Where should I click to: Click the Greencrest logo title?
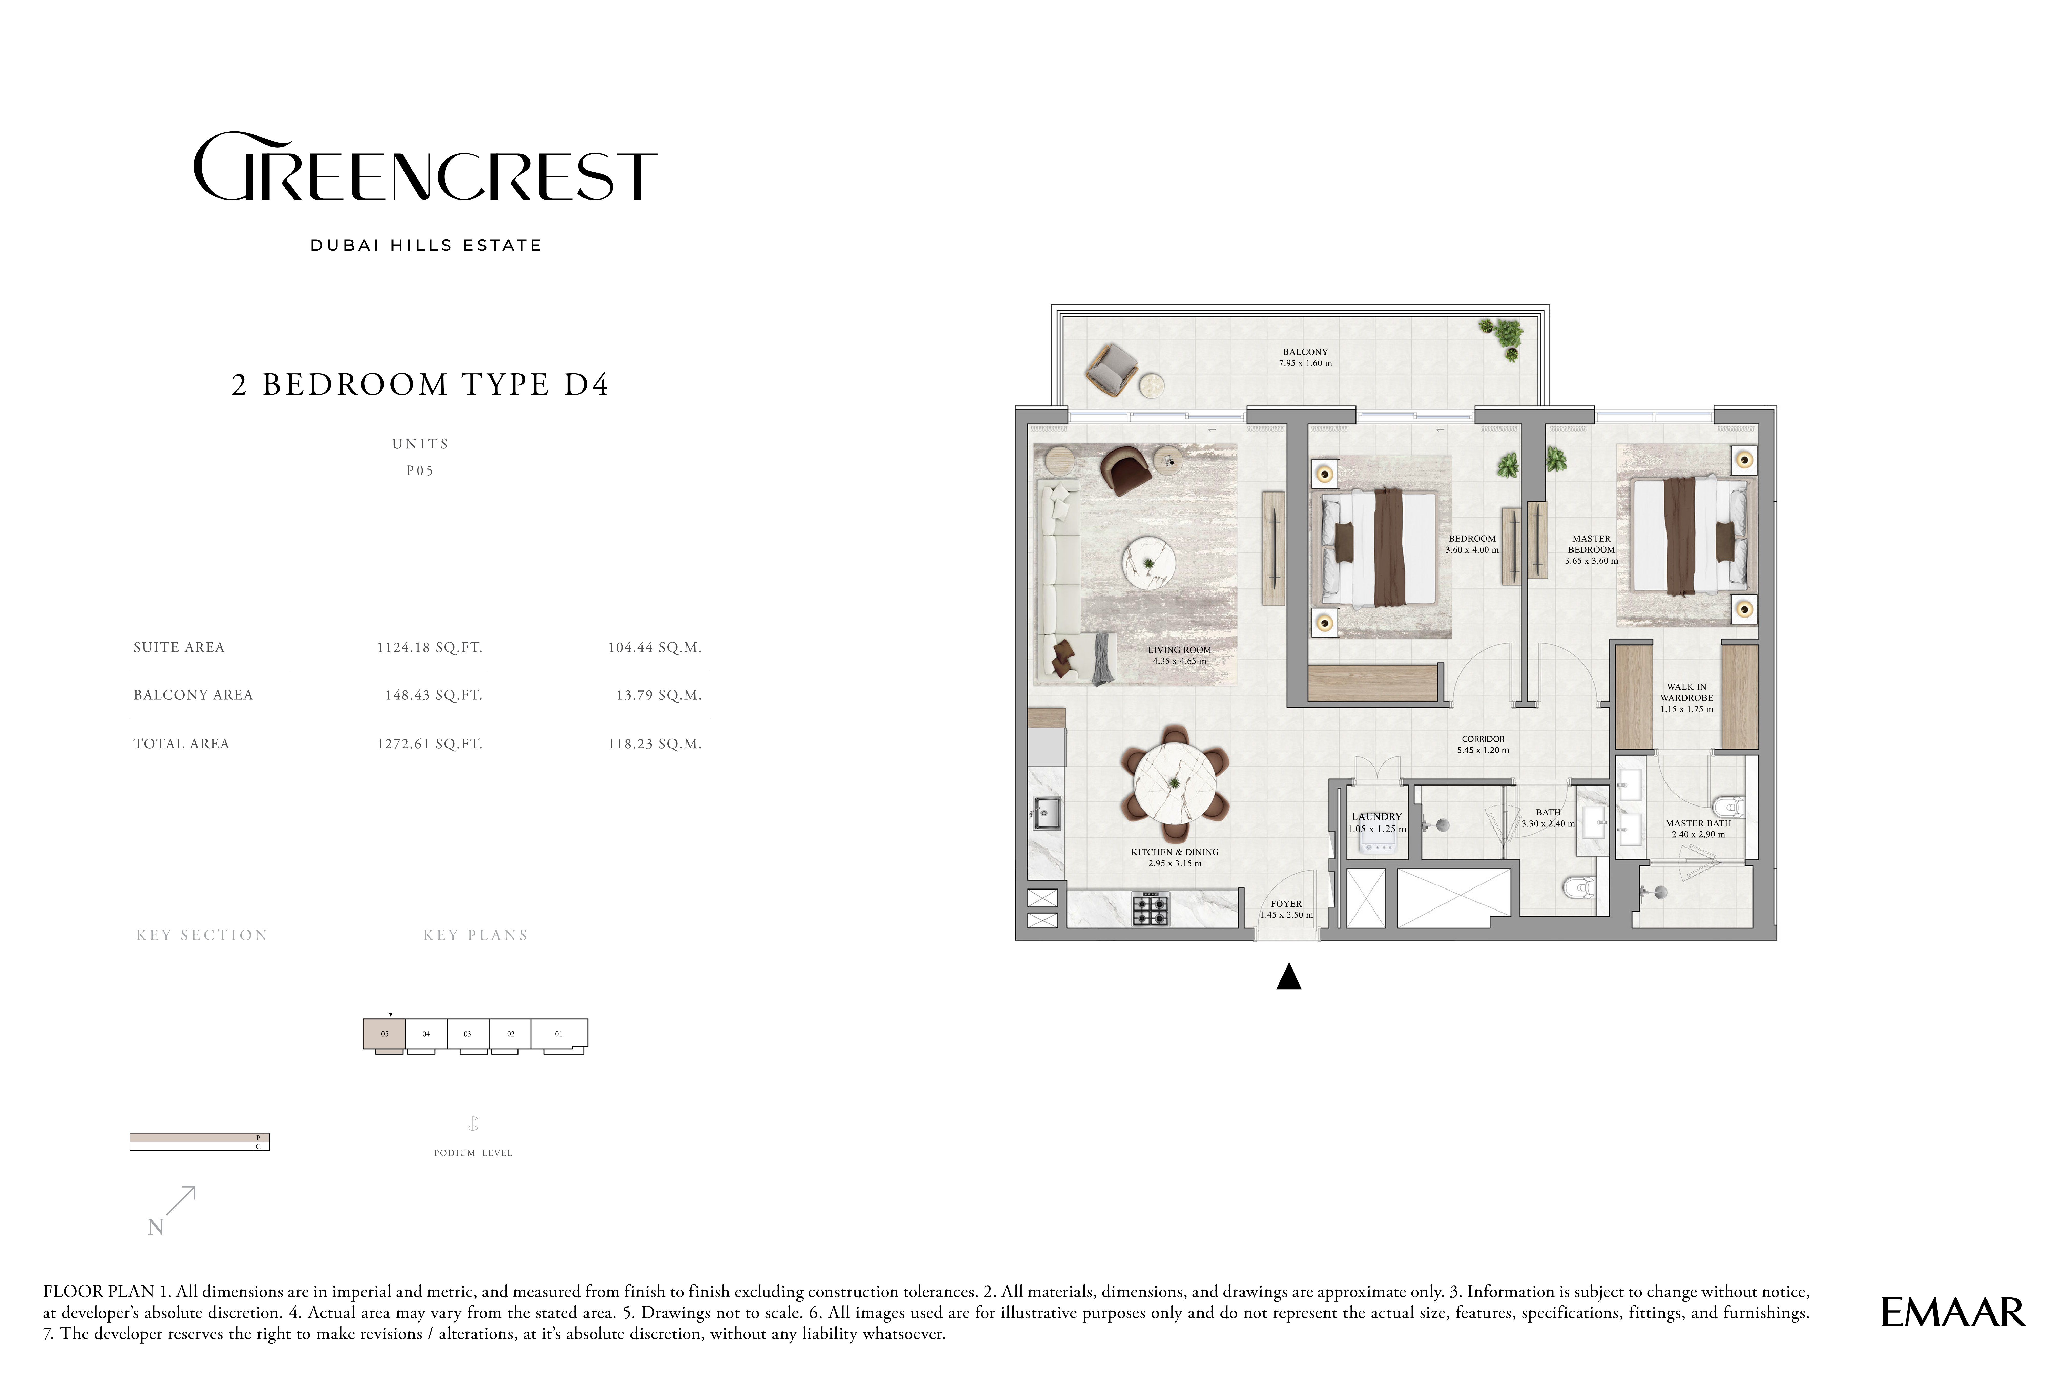coord(425,167)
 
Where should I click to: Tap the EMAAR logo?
coord(1953,1312)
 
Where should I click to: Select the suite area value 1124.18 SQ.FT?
coord(430,647)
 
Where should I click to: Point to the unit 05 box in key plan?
coord(384,1034)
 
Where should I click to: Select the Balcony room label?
coord(1306,357)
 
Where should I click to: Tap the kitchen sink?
coord(1047,813)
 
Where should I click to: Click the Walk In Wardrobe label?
coord(1687,698)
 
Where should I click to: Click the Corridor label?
coord(1483,744)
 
